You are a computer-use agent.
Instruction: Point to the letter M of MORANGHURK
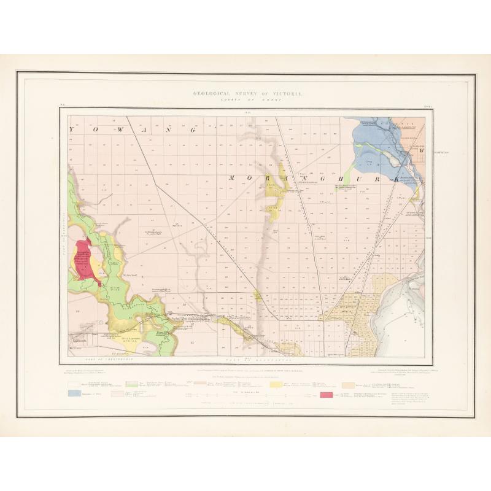(x=234, y=178)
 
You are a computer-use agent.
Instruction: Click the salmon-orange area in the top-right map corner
(x=408, y=132)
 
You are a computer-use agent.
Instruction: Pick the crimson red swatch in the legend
(x=327, y=393)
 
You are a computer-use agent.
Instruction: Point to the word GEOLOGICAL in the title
(x=214, y=95)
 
